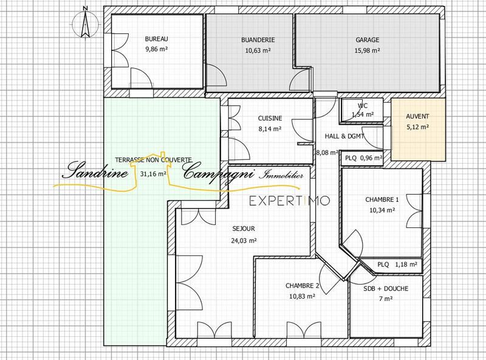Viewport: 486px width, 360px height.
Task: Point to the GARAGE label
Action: coord(368,40)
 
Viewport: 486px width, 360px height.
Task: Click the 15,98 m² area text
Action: coord(368,51)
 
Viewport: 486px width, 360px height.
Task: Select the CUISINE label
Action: coord(269,118)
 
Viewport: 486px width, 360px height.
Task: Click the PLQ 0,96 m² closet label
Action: coord(363,158)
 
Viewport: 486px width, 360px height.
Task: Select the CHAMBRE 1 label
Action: coord(382,199)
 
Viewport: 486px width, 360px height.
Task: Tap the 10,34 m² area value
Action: coord(382,210)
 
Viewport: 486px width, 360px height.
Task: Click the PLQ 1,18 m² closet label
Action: coord(397,265)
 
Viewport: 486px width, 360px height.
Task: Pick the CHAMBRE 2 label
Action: coord(302,285)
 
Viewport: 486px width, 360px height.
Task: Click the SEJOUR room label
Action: coord(243,229)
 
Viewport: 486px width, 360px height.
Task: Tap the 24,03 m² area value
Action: coord(243,240)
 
